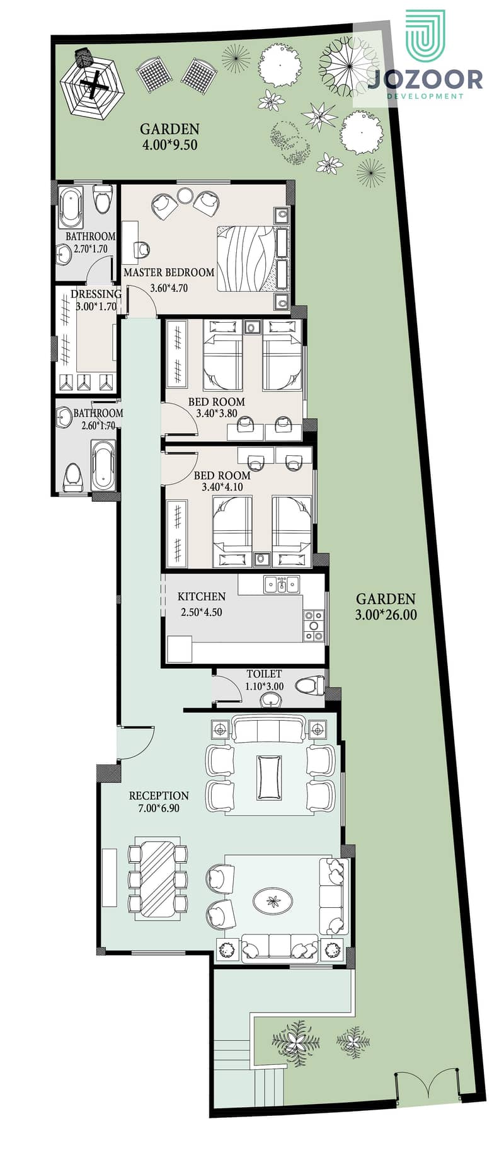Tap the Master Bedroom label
coord(169,272)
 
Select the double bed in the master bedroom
coord(253,258)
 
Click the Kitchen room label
coord(202,596)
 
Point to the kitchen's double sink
coord(282,584)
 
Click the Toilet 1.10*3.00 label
coord(264,680)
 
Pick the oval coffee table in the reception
coord(273,900)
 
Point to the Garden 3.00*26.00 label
coord(386,607)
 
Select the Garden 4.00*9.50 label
coord(169,136)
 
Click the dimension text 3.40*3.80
coord(217,414)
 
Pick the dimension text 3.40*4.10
coord(222,487)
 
